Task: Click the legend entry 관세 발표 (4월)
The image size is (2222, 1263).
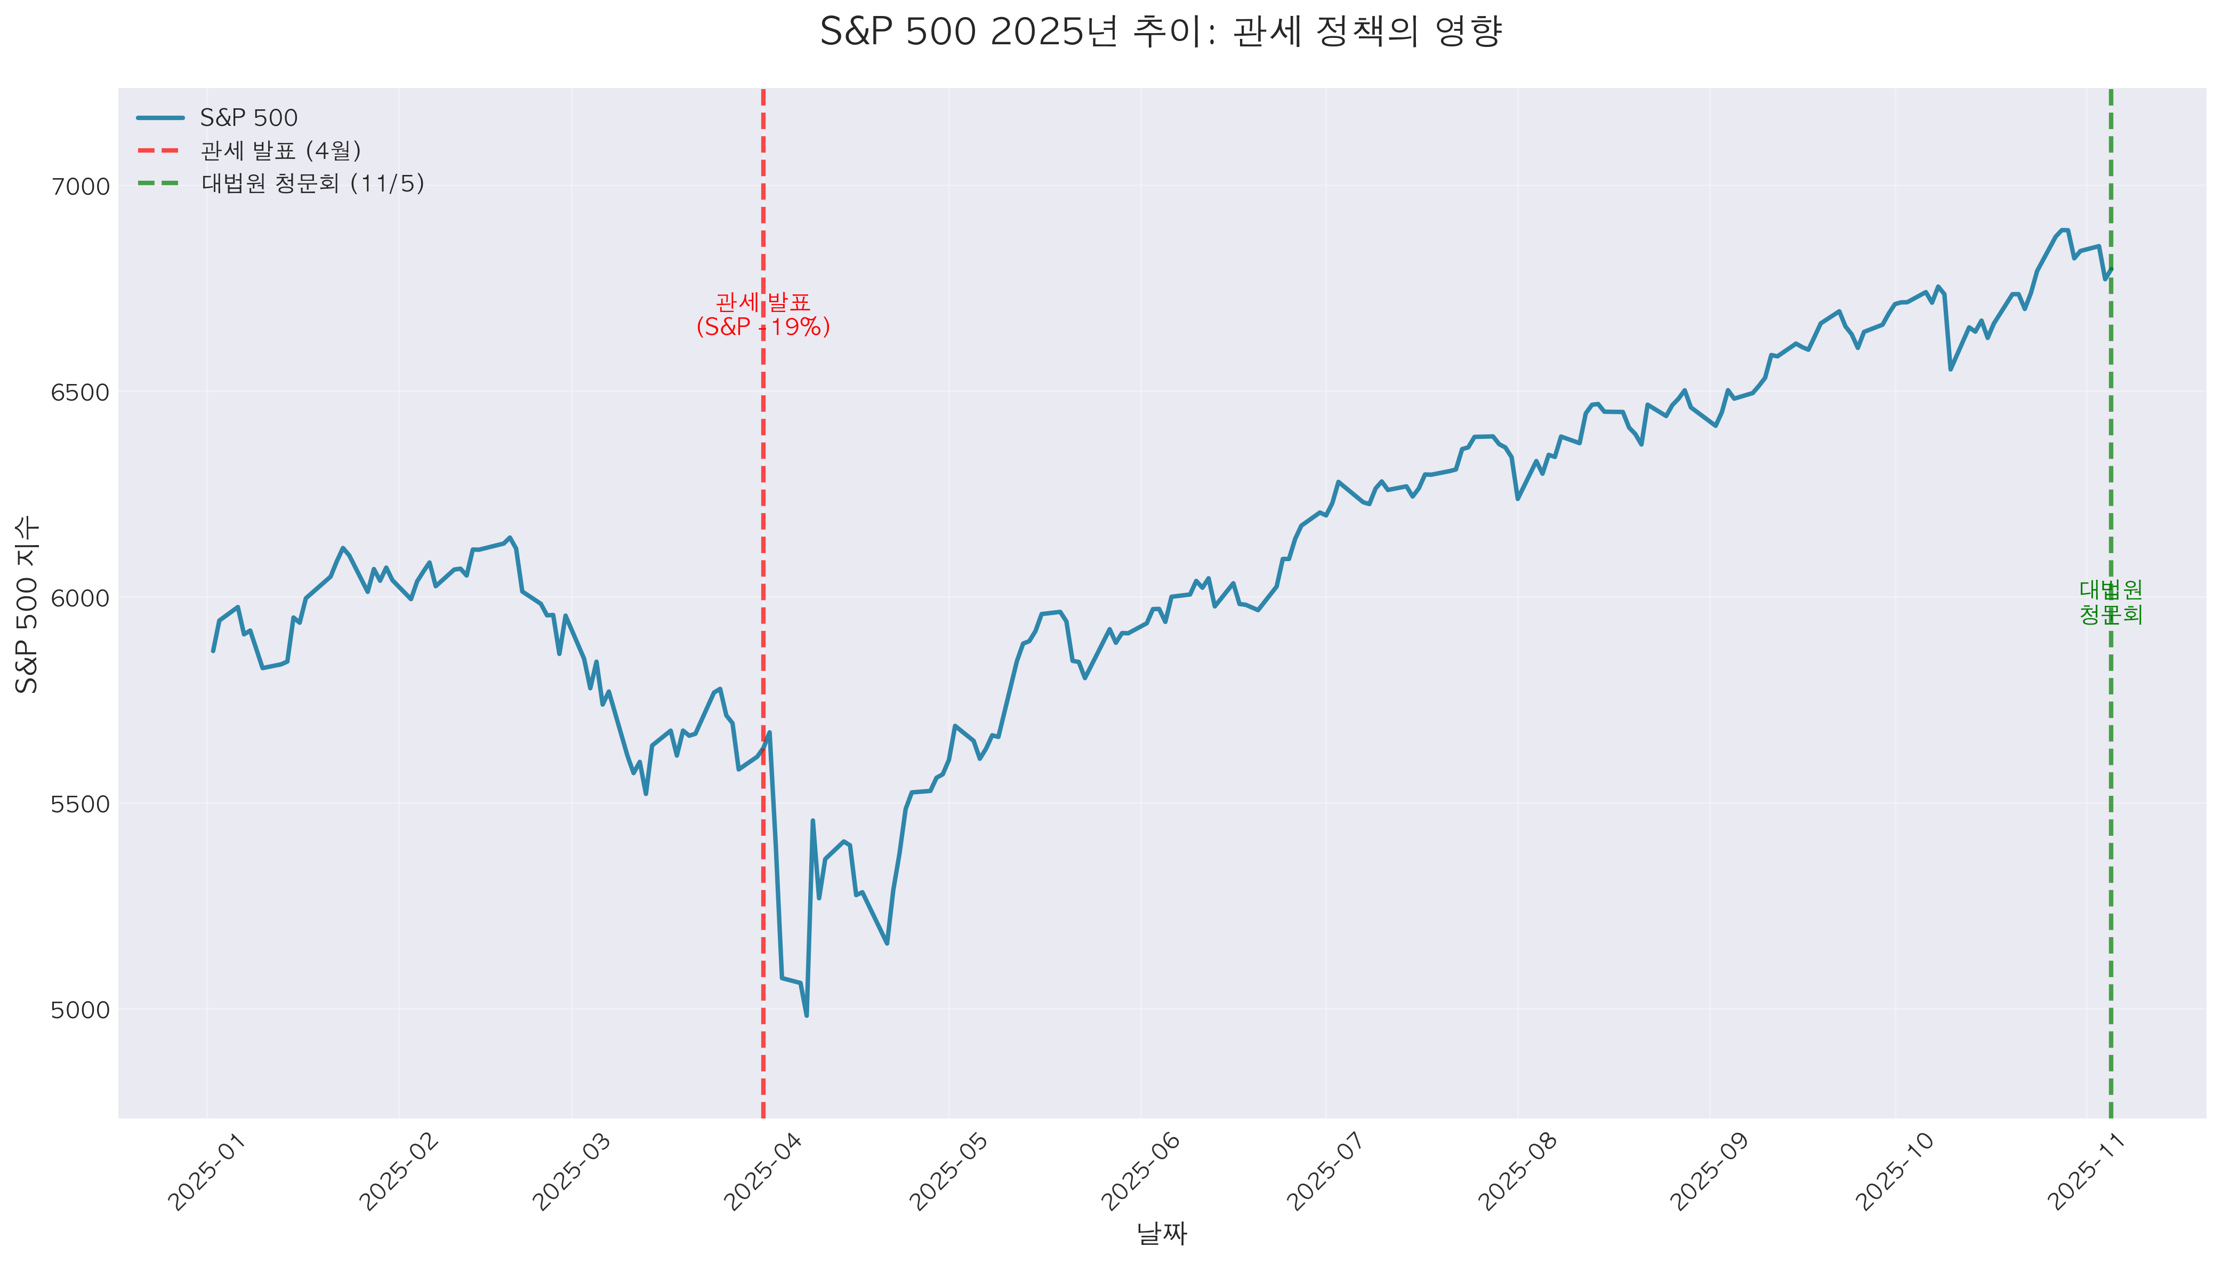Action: pos(280,151)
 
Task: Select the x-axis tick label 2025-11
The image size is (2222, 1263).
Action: pos(2088,1171)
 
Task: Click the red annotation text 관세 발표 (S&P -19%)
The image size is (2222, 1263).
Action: pos(763,315)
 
